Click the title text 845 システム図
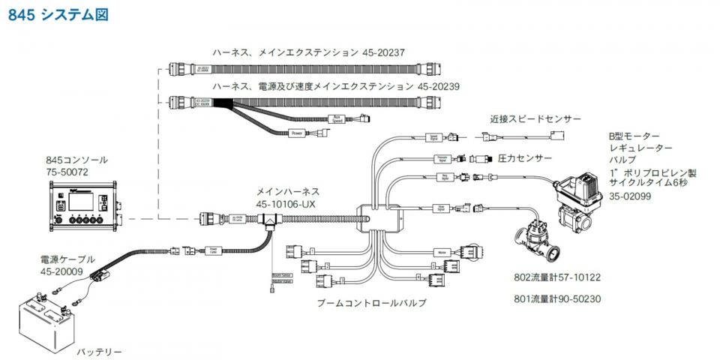(58, 14)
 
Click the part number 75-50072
(67, 172)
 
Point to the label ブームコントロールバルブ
(371, 303)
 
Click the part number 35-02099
(629, 196)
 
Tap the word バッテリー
(99, 351)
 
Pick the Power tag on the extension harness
(298, 133)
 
